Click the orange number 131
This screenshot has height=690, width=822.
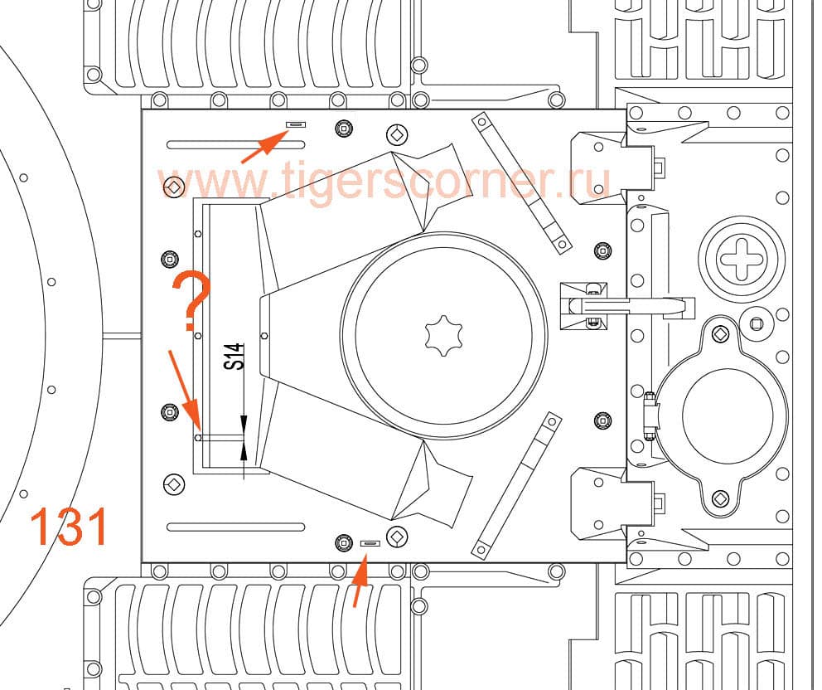tap(70, 527)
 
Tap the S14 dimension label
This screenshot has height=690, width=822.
tap(235, 357)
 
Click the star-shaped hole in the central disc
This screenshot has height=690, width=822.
tap(442, 335)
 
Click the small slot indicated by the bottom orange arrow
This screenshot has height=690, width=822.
tap(370, 543)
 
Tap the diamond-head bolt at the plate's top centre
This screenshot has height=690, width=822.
tap(398, 134)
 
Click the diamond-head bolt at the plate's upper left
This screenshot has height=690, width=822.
tap(173, 187)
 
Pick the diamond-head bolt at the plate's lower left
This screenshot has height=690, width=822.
tap(173, 484)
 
